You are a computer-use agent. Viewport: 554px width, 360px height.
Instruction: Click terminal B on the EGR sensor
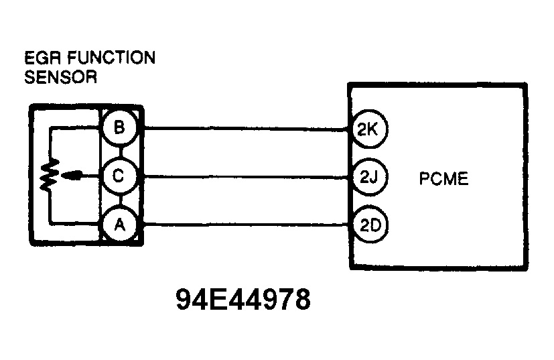click(x=120, y=127)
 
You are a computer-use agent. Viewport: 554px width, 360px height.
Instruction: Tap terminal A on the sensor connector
click(x=120, y=225)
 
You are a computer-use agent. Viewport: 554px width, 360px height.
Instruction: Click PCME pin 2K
click(x=368, y=129)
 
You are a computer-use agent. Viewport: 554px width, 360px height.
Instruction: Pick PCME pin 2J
click(x=368, y=177)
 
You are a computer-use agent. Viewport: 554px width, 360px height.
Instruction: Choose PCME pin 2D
click(x=368, y=225)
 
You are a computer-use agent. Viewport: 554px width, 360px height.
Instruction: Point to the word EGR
click(x=42, y=58)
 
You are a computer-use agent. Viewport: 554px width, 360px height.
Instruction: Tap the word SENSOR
click(x=60, y=77)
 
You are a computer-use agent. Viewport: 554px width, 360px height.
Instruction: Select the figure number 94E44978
click(x=244, y=300)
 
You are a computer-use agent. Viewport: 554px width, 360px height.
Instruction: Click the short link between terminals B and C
click(x=120, y=152)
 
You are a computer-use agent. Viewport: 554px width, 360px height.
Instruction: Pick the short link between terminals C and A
click(x=120, y=200)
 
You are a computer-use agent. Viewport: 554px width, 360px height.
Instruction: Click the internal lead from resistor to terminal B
click(x=74, y=128)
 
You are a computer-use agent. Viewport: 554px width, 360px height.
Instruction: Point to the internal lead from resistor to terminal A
click(x=74, y=224)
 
